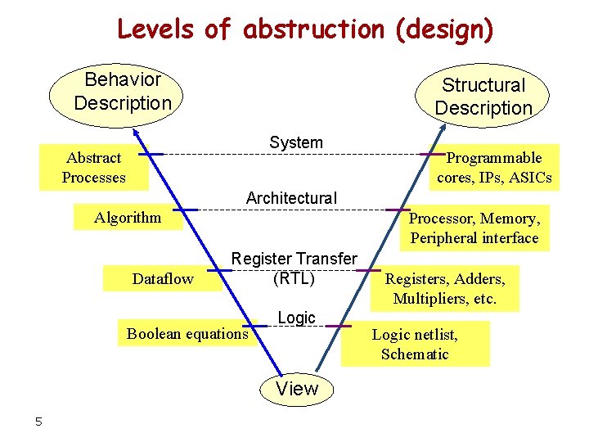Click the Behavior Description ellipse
tap(122, 92)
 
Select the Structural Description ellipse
tap(483, 96)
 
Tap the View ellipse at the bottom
tap(296, 389)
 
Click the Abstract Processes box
tap(93, 168)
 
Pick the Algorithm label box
tap(128, 218)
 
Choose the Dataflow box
tap(163, 278)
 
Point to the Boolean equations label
tap(187, 333)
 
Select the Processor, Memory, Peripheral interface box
tap(474, 228)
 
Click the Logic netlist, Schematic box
tap(415, 344)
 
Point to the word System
tap(296, 142)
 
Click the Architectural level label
tap(291, 198)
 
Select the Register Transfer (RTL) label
tap(294, 268)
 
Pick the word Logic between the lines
tap(296, 318)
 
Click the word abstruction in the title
tap(312, 29)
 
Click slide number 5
tap(38, 422)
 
